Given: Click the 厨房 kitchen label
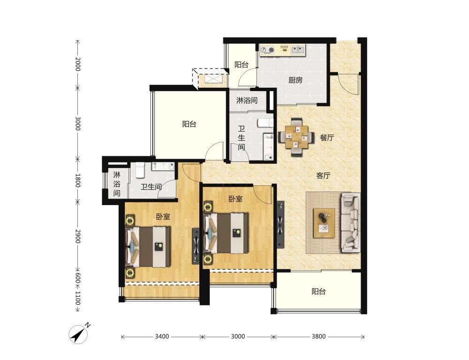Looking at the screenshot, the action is coord(295,80).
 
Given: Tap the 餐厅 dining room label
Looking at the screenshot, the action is coord(326,138).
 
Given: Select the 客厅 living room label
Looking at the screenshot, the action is coord(323,176).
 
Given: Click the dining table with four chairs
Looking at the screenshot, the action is coord(296,138).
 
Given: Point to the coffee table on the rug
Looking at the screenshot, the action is coord(324,223).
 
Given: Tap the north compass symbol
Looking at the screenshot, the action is coord(79,334).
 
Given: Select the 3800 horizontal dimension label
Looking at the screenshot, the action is coord(318,337).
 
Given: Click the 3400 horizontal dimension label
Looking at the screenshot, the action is coord(162,337).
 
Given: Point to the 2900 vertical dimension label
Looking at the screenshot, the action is coord(78,237).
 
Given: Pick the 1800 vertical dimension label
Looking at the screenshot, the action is coord(78,180).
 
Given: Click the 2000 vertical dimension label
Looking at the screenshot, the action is coord(78,64).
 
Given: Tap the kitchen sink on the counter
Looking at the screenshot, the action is coord(298,50).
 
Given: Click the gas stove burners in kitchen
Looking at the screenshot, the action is coord(267,50).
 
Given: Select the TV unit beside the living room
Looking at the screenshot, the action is coord(280,224).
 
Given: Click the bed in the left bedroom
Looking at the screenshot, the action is coord(148,246).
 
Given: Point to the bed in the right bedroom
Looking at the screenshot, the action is coord(227,233).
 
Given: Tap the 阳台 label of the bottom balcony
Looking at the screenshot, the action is coord(318,291).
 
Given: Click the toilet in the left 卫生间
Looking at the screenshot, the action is coord(140,169).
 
